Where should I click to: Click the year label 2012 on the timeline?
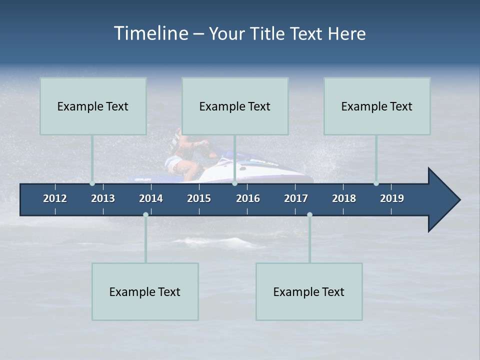55,198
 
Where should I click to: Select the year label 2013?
103,198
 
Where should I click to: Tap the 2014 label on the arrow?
151,198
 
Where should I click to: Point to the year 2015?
199,198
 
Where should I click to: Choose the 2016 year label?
248,198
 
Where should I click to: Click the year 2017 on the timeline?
296,198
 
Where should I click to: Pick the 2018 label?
344,198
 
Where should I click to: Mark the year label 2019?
392,198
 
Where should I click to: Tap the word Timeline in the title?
150,33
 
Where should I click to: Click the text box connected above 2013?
93,106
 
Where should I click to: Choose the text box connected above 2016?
235,106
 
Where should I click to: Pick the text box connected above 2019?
377,106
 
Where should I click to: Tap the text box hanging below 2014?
145,291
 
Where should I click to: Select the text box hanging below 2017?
309,291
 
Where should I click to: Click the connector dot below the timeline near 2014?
145,214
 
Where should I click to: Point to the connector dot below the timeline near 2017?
309,214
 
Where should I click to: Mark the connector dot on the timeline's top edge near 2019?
376,183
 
